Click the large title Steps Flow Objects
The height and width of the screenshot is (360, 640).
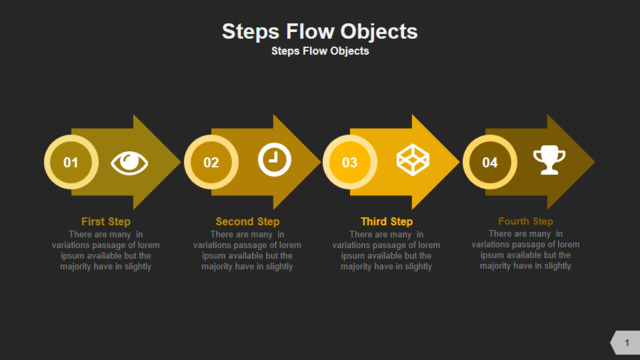[320, 32]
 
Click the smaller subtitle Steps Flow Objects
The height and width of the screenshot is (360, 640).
[320, 51]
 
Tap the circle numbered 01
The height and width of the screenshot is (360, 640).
[71, 162]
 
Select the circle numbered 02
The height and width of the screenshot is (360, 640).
[211, 162]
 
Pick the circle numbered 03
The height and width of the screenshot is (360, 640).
[350, 162]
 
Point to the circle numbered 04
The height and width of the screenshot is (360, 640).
[490, 162]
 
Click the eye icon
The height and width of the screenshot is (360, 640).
[129, 163]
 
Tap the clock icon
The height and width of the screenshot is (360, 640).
[274, 160]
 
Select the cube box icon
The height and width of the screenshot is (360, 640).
[413, 160]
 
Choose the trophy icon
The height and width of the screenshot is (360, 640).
[549, 160]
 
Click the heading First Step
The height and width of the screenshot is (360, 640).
[106, 222]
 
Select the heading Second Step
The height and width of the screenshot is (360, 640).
[247, 222]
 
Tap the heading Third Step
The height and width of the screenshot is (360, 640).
[387, 222]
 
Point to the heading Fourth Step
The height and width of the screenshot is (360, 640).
[526, 221]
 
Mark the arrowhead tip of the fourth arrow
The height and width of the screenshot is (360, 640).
[595, 162]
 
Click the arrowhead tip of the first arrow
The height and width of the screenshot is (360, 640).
[180, 162]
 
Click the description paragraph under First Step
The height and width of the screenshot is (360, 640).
[106, 250]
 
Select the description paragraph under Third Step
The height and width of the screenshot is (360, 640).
[386, 250]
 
